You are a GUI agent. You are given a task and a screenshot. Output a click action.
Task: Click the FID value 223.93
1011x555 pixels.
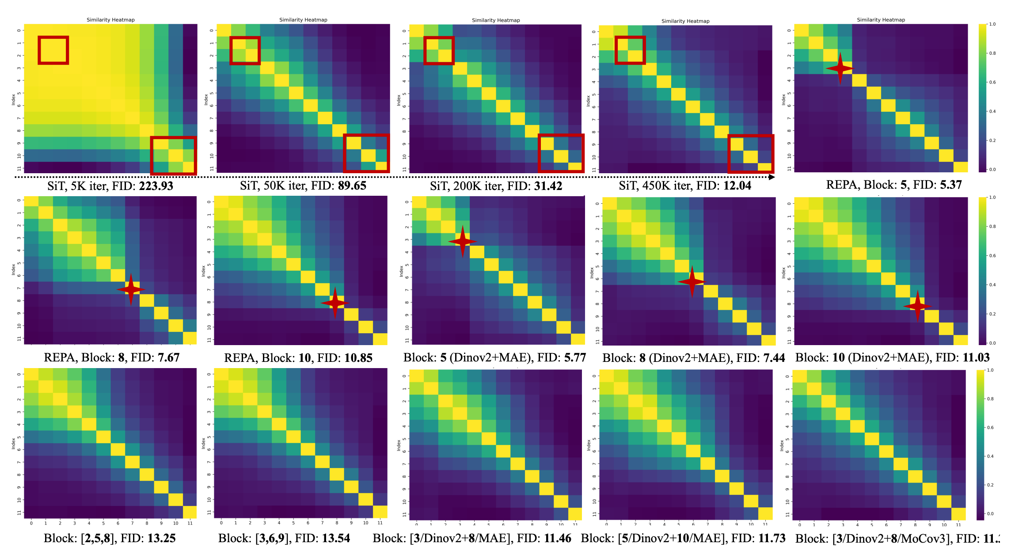click(156, 186)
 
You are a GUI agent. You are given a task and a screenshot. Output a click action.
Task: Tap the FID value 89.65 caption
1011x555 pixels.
click(352, 186)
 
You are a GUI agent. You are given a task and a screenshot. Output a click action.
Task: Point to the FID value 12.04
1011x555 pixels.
click(737, 186)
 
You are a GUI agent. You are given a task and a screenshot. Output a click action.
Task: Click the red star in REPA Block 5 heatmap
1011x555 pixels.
click(840, 68)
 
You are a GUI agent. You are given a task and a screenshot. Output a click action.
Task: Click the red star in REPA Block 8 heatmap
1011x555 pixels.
click(131, 289)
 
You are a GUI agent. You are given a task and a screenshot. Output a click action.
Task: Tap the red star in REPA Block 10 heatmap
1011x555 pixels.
click(335, 303)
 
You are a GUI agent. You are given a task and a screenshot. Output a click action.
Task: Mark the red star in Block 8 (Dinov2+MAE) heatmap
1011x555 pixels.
click(692, 281)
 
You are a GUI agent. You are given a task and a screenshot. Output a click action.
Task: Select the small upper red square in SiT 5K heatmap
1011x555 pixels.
click(53, 50)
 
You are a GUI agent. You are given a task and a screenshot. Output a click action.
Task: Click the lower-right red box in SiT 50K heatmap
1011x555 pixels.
click(366, 153)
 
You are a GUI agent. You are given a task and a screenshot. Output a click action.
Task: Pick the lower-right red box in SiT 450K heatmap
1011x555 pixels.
click(751, 154)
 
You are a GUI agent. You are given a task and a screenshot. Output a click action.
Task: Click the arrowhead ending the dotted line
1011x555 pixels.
click(772, 177)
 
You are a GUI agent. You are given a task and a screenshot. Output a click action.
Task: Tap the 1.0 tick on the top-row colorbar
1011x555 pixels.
click(992, 24)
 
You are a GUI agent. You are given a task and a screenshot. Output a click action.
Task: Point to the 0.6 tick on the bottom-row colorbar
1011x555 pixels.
click(990, 427)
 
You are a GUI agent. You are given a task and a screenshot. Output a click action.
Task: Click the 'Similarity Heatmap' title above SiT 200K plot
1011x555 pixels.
click(496, 20)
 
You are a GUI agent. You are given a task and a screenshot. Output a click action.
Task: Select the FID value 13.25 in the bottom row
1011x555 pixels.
click(161, 538)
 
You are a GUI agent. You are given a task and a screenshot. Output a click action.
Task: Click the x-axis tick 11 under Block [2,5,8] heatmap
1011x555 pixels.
click(190, 523)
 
